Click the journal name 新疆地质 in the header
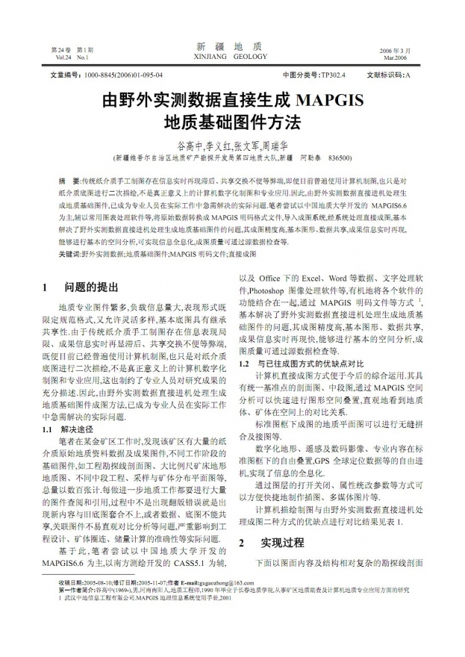pyautogui.click(x=232, y=46)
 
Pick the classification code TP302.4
pyautogui.click(x=332, y=75)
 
